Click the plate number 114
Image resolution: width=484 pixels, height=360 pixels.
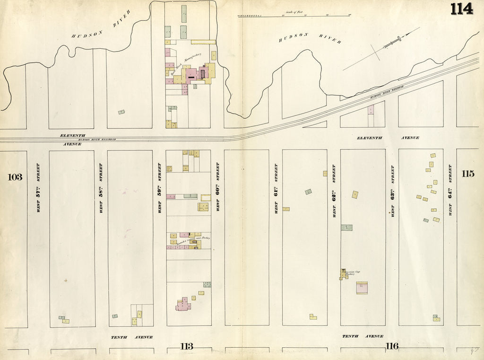[461, 9]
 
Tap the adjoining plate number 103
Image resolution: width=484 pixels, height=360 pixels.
[15, 177]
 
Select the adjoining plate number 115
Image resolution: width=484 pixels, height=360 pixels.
[467, 173]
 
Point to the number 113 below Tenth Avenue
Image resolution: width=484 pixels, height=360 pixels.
[187, 347]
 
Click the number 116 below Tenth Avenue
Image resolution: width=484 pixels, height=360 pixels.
[391, 346]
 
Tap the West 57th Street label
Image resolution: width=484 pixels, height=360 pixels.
[38, 187]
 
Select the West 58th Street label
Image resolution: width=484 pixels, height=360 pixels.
[101, 188]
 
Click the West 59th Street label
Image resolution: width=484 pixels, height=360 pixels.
[159, 188]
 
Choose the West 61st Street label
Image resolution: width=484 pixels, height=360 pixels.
[276, 188]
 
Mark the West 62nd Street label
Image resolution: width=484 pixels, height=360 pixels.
[334, 191]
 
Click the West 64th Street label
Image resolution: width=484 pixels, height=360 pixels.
[450, 190]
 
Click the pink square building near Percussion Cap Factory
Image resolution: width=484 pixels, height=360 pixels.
[362, 287]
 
